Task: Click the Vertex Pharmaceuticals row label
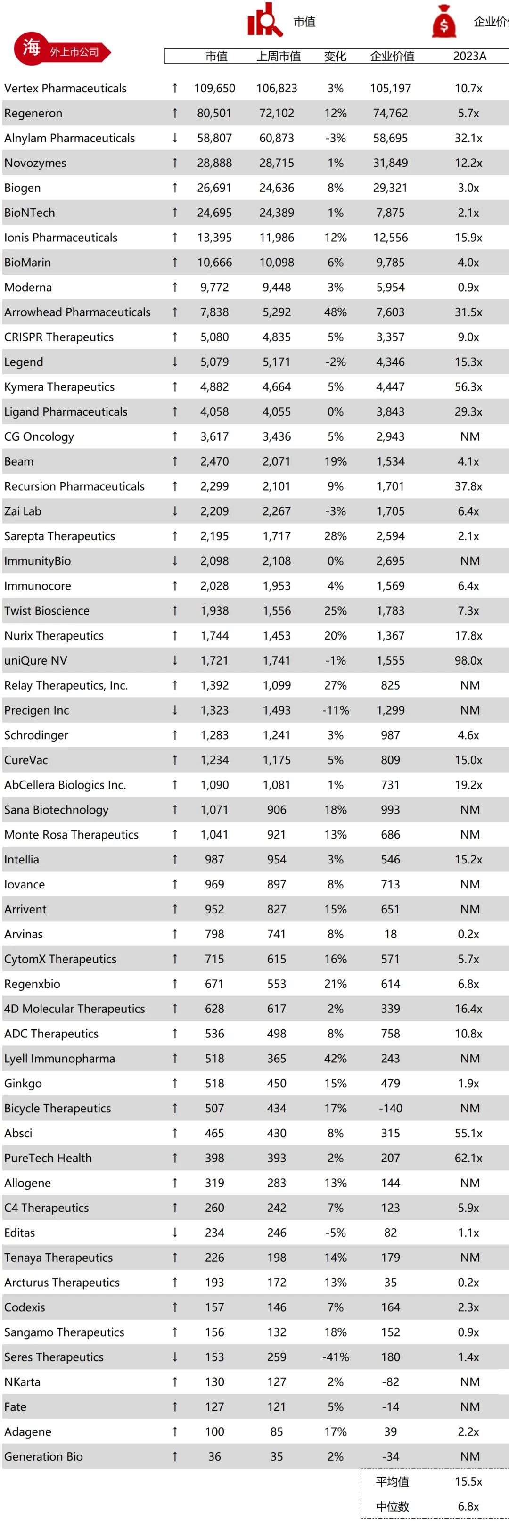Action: click(x=66, y=89)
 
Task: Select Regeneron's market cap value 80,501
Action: click(x=214, y=114)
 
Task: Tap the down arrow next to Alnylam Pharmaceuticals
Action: click(x=175, y=138)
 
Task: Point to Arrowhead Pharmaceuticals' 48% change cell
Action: click(x=336, y=312)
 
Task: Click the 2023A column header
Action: click(x=469, y=56)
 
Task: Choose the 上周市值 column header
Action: click(x=278, y=56)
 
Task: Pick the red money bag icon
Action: click(x=444, y=22)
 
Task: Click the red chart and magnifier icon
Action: click(x=264, y=21)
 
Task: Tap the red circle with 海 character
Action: click(x=31, y=47)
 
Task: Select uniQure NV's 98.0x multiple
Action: click(x=468, y=661)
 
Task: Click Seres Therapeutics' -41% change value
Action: click(x=336, y=1357)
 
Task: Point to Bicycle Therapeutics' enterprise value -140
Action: click(x=390, y=1108)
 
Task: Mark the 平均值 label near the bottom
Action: click(x=392, y=1481)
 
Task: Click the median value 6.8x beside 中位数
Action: click(x=468, y=1506)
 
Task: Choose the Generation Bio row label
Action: click(x=44, y=1456)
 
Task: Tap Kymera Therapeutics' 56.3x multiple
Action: click(x=468, y=387)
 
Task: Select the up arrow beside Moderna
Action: click(x=175, y=288)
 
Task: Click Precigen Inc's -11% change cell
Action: click(x=336, y=710)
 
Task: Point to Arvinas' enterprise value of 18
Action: click(x=390, y=934)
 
